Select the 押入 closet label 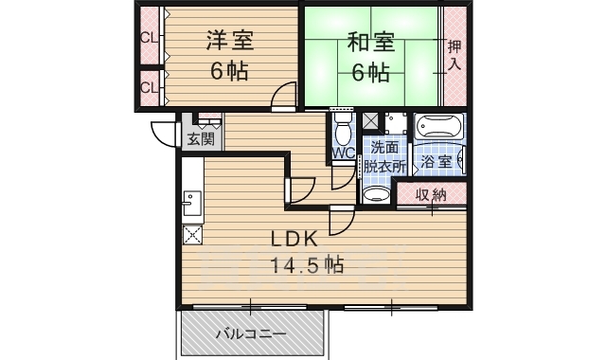454,56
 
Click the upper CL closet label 149,39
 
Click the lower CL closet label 149,88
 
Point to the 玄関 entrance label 200,138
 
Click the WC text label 343,153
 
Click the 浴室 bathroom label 437,162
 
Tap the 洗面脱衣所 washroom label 387,156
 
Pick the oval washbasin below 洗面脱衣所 377,195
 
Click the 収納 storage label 431,195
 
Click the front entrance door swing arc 162,135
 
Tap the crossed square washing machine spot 370,121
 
